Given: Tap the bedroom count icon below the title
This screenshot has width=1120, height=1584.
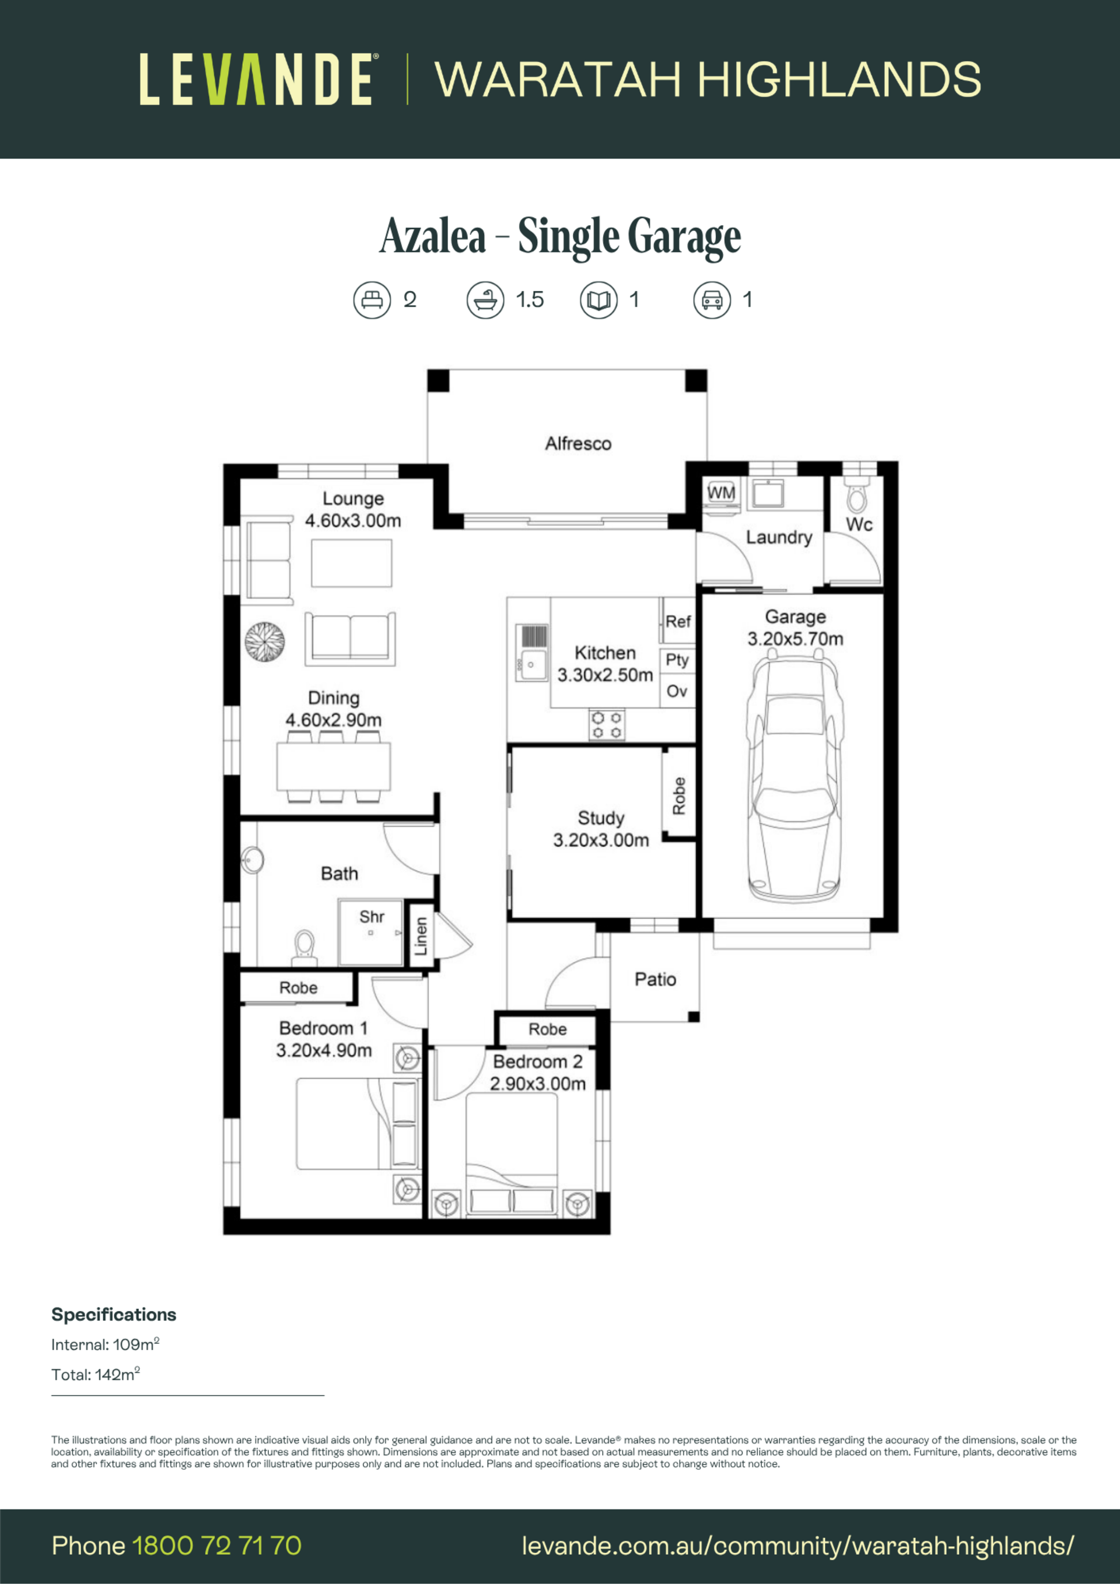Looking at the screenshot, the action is coord(372,300).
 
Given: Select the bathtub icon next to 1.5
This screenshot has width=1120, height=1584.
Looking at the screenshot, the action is coord(485,300).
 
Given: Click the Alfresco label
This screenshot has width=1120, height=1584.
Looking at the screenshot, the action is coord(578,444).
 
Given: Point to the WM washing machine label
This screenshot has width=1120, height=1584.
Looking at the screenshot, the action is coord(721,493).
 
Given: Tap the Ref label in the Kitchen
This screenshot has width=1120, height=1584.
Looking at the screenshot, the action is coord(678,622).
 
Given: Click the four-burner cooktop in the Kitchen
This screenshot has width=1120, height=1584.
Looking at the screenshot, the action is coord(607,725).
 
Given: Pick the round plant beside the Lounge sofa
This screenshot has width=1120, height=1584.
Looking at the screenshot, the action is coord(265,642).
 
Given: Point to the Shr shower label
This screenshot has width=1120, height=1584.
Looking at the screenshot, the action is coord(371,917).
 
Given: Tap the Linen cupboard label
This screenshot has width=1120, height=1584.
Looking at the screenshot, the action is coord(420,936).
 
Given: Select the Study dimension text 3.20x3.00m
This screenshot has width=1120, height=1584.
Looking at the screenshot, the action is coord(601,840).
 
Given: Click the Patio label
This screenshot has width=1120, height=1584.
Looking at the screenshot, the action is coord(655,980).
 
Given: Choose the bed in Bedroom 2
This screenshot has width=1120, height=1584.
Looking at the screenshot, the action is coord(512,1154).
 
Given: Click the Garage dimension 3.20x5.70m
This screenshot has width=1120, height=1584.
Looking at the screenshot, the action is coord(795,639).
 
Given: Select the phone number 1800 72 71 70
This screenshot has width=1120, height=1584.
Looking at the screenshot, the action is coord(216,1546).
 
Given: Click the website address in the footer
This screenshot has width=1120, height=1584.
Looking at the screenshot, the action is coord(798,1546).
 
